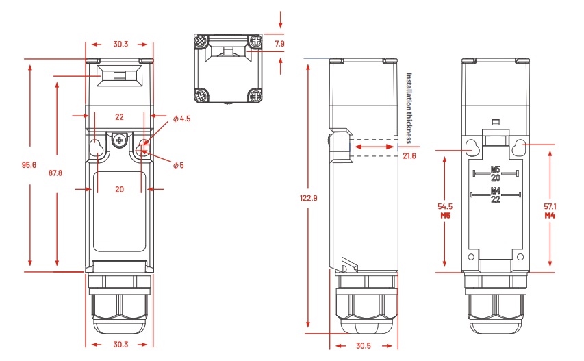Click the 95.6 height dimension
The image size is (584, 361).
(x=28, y=164)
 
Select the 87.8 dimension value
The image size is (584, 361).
(x=55, y=173)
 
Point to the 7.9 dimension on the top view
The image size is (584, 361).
(x=279, y=44)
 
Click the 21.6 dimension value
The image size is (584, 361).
(x=409, y=156)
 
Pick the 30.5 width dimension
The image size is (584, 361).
(x=364, y=345)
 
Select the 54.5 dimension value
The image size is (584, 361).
(x=445, y=206)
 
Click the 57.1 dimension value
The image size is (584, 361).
(x=550, y=206)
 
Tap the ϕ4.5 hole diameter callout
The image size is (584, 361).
(x=181, y=119)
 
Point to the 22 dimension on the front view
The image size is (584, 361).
(x=119, y=116)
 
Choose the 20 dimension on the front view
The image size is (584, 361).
(x=119, y=189)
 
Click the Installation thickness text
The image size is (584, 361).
(x=409, y=107)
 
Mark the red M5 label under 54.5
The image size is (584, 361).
(x=445, y=216)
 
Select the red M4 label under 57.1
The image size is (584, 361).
(x=550, y=216)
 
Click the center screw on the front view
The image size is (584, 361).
(x=120, y=140)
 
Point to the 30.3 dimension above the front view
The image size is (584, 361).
(x=120, y=44)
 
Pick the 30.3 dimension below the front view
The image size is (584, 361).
(x=120, y=343)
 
